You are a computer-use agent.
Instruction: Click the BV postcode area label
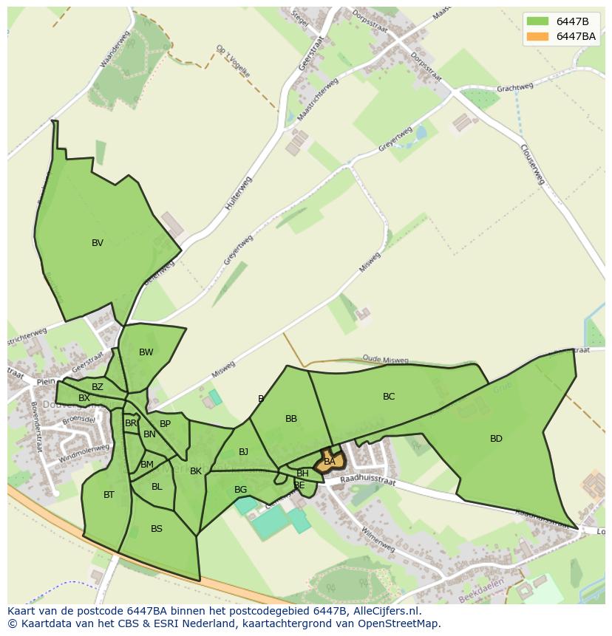click(x=98, y=243)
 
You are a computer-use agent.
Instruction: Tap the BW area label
click(x=146, y=352)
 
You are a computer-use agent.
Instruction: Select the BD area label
click(x=496, y=439)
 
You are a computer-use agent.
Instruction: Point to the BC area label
click(x=389, y=397)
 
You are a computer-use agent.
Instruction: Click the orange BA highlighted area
click(x=330, y=462)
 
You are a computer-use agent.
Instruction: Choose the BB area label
click(x=291, y=419)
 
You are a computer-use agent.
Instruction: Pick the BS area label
click(x=157, y=529)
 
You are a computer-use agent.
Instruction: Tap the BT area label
click(x=109, y=495)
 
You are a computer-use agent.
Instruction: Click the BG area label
click(x=240, y=490)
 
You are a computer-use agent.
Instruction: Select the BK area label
click(x=196, y=471)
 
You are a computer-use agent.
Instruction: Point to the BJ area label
click(x=243, y=452)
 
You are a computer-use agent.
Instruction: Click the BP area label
click(x=165, y=424)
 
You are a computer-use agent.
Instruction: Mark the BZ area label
click(x=98, y=387)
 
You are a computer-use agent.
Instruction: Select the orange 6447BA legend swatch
click(x=537, y=36)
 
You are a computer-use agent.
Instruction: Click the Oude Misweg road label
click(x=385, y=360)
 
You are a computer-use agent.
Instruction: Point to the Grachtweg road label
click(x=515, y=88)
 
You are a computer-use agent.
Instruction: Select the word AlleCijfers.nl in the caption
click(x=384, y=611)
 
